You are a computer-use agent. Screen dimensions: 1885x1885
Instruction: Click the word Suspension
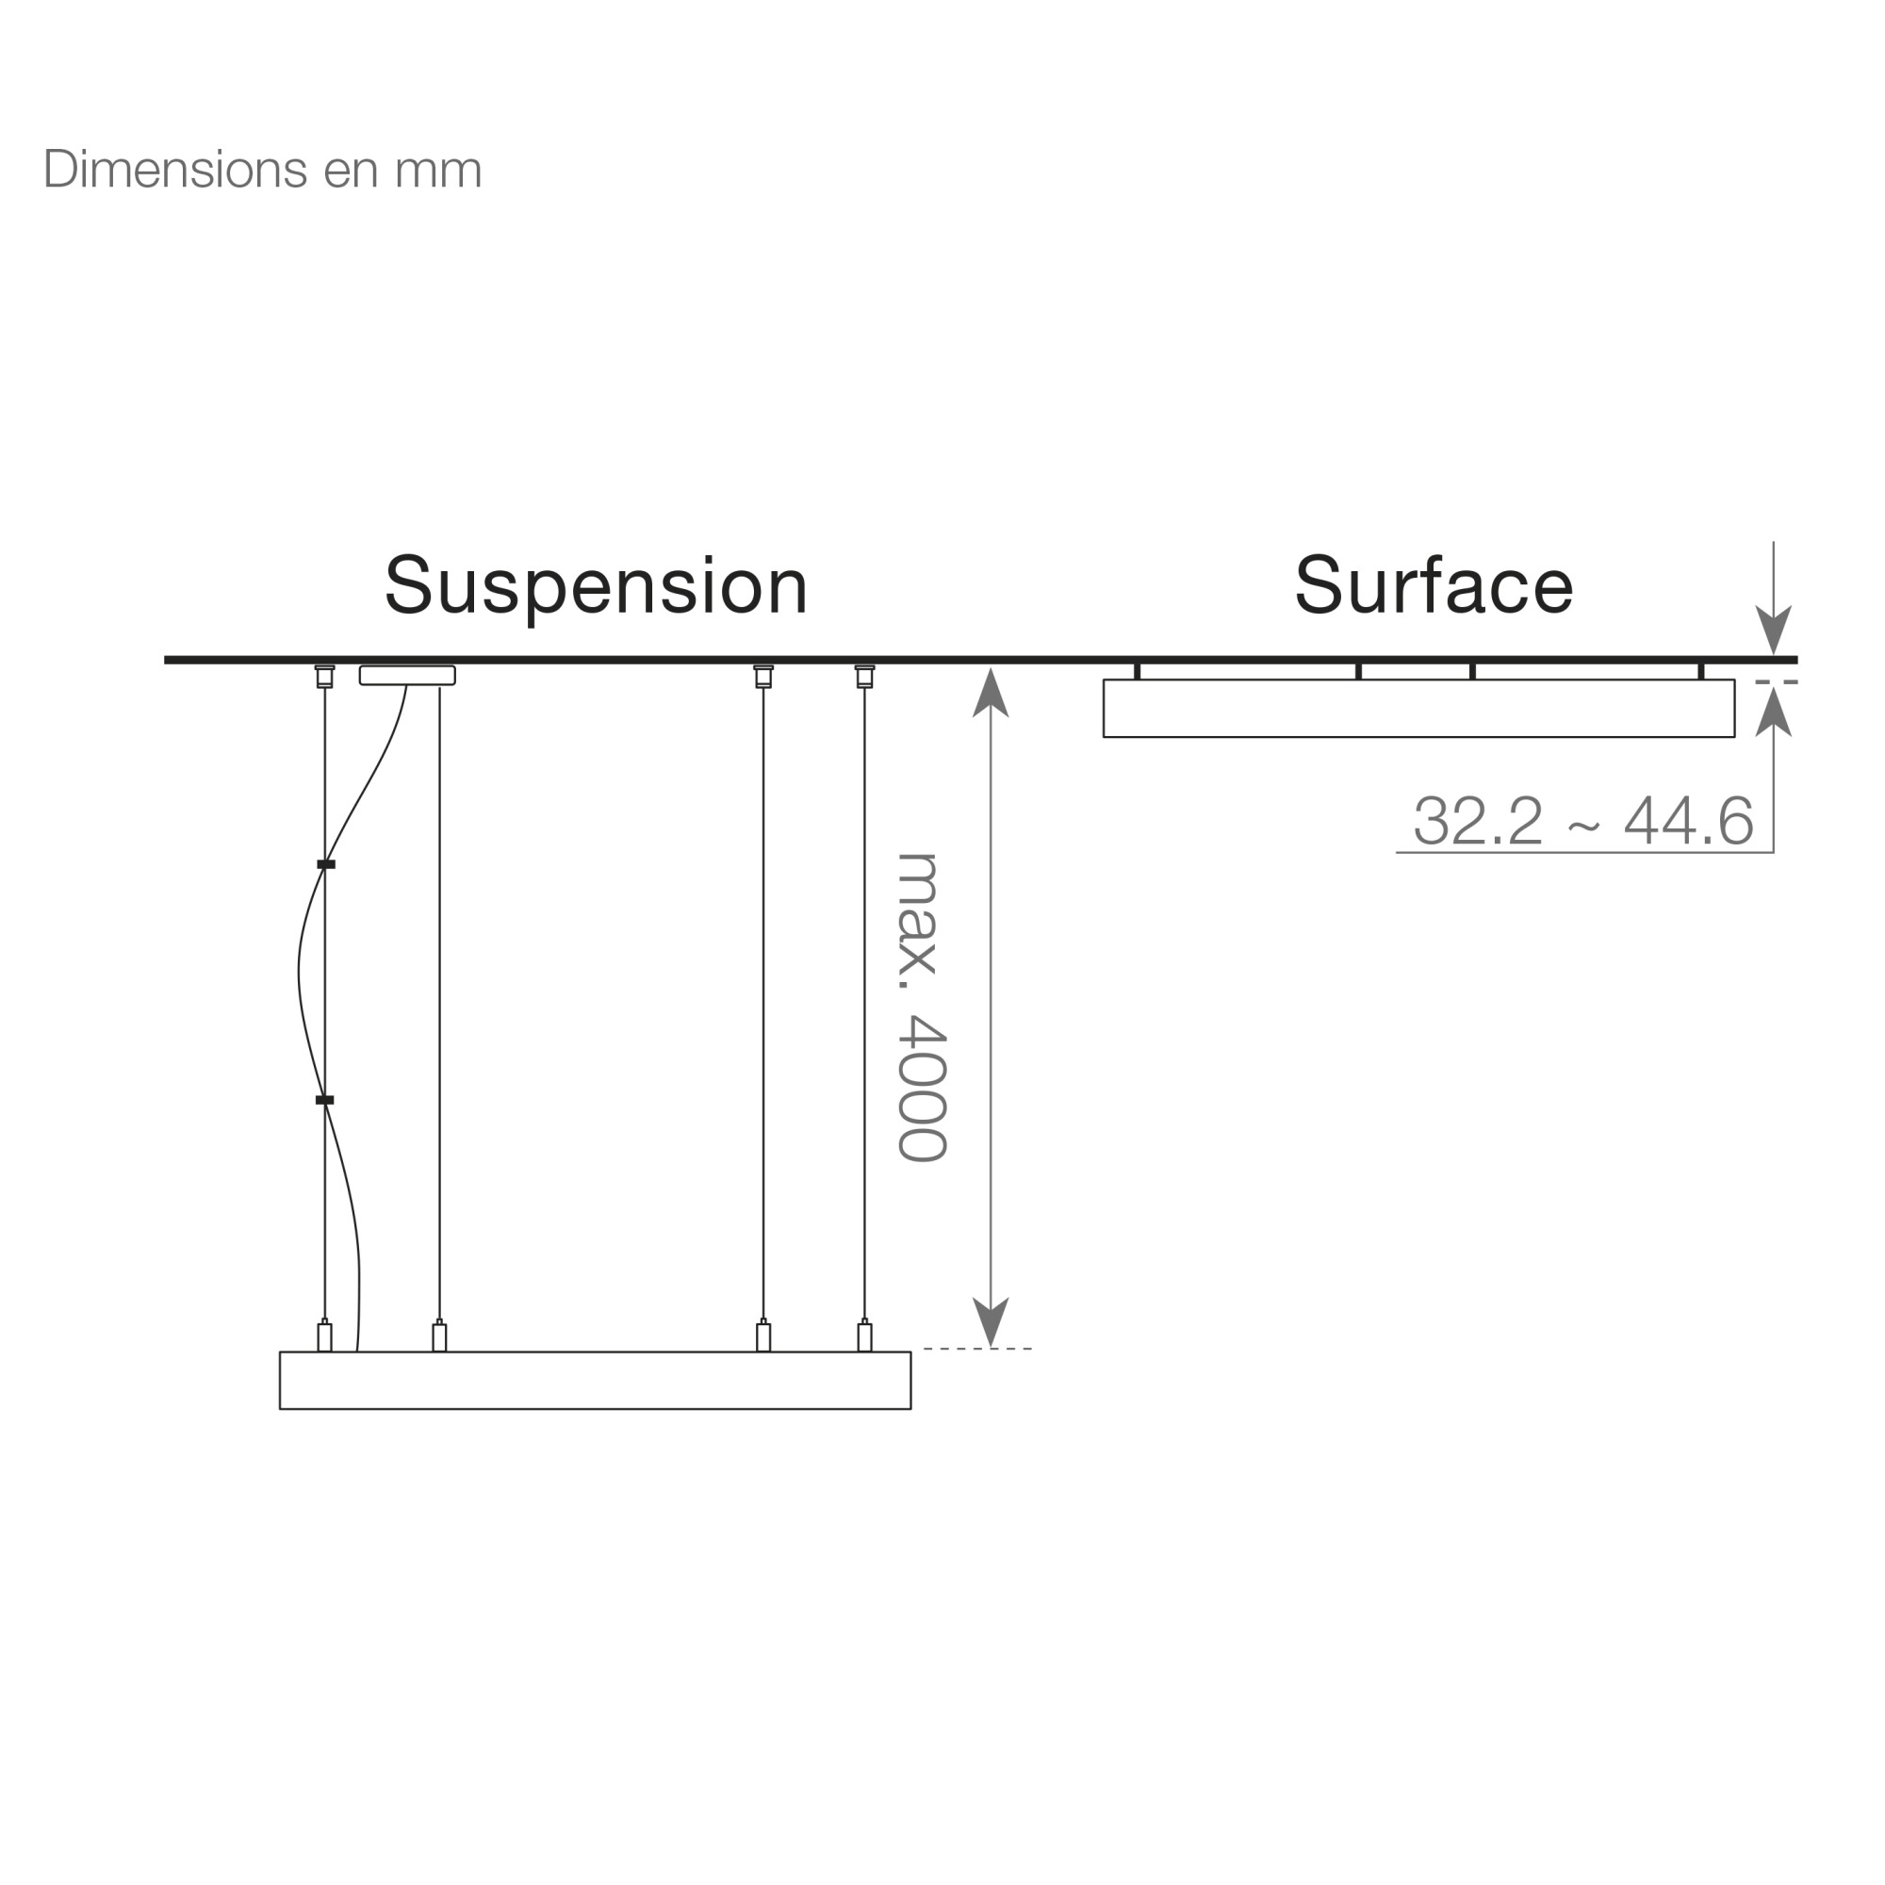click(597, 587)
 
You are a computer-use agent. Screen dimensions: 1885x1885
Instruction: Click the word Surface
click(1434, 585)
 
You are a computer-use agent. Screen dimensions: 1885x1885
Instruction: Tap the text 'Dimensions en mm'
click(262, 170)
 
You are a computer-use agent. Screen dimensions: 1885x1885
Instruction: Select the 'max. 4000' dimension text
click(921, 1007)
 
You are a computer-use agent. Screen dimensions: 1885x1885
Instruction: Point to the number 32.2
click(1478, 821)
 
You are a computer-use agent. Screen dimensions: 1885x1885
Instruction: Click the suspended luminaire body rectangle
click(595, 1381)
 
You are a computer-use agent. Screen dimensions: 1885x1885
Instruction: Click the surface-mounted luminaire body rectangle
click(1418, 709)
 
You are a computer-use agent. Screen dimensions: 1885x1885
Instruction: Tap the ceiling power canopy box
click(407, 675)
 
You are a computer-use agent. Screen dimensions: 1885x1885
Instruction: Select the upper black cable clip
click(326, 864)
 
